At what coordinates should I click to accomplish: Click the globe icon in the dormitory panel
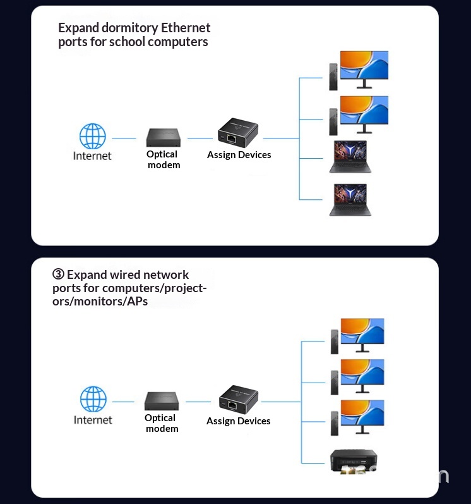92,137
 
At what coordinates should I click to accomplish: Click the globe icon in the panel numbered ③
93,400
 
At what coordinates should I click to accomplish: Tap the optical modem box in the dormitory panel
164,137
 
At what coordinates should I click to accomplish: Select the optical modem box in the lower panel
162,401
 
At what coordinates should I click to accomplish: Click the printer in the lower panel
354,460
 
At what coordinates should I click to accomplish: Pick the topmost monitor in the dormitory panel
364,69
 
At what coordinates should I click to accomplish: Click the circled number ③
58,274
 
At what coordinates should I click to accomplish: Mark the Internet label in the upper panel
92,156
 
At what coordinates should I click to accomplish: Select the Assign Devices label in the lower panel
238,421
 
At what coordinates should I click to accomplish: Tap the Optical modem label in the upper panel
163,159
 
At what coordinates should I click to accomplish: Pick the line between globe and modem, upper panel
124,138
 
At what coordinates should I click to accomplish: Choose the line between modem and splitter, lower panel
198,402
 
